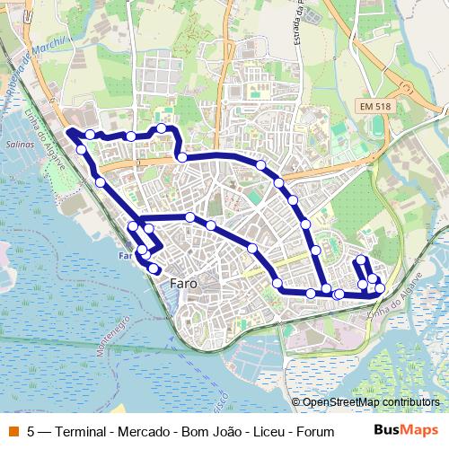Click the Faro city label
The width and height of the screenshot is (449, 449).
pos(184,284)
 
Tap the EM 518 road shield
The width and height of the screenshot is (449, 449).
pos(374,106)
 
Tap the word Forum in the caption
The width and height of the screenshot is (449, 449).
pos(315,431)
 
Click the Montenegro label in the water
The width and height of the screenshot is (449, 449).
pos(112,336)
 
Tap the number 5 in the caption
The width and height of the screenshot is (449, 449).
pos(31,431)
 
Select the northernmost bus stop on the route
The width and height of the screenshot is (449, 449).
pos(162,128)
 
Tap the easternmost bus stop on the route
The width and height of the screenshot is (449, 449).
pos(380,288)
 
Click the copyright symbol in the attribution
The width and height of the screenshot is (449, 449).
pos(296,402)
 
